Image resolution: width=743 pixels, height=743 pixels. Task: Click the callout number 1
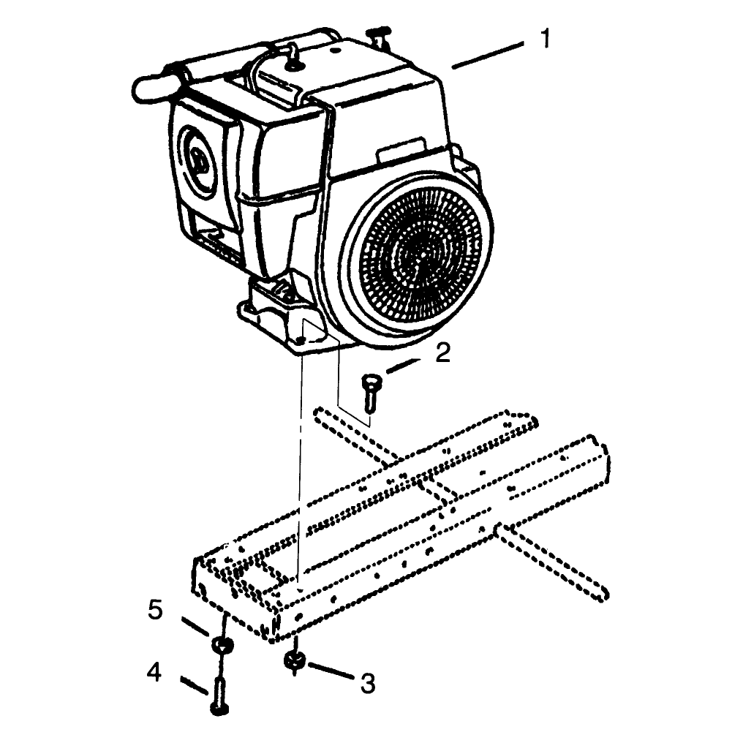546,38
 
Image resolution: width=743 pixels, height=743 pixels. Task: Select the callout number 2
442,353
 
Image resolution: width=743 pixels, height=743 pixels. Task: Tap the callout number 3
368,684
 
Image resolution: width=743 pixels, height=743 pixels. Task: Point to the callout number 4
154,672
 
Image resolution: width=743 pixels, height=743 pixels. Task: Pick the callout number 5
156,610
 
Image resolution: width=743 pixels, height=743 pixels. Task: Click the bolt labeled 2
370,393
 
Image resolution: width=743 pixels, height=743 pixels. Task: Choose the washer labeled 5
222,645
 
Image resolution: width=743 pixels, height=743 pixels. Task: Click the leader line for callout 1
488,56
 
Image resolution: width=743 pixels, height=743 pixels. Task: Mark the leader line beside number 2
404,366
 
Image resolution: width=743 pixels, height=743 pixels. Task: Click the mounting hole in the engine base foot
300,340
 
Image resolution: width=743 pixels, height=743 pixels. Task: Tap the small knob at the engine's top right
378,34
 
